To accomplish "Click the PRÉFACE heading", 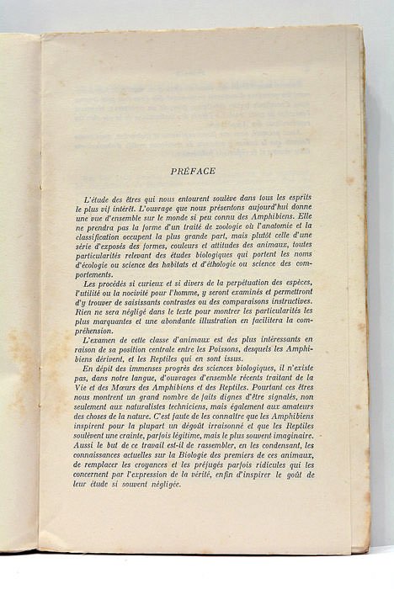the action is coord(193,171).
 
